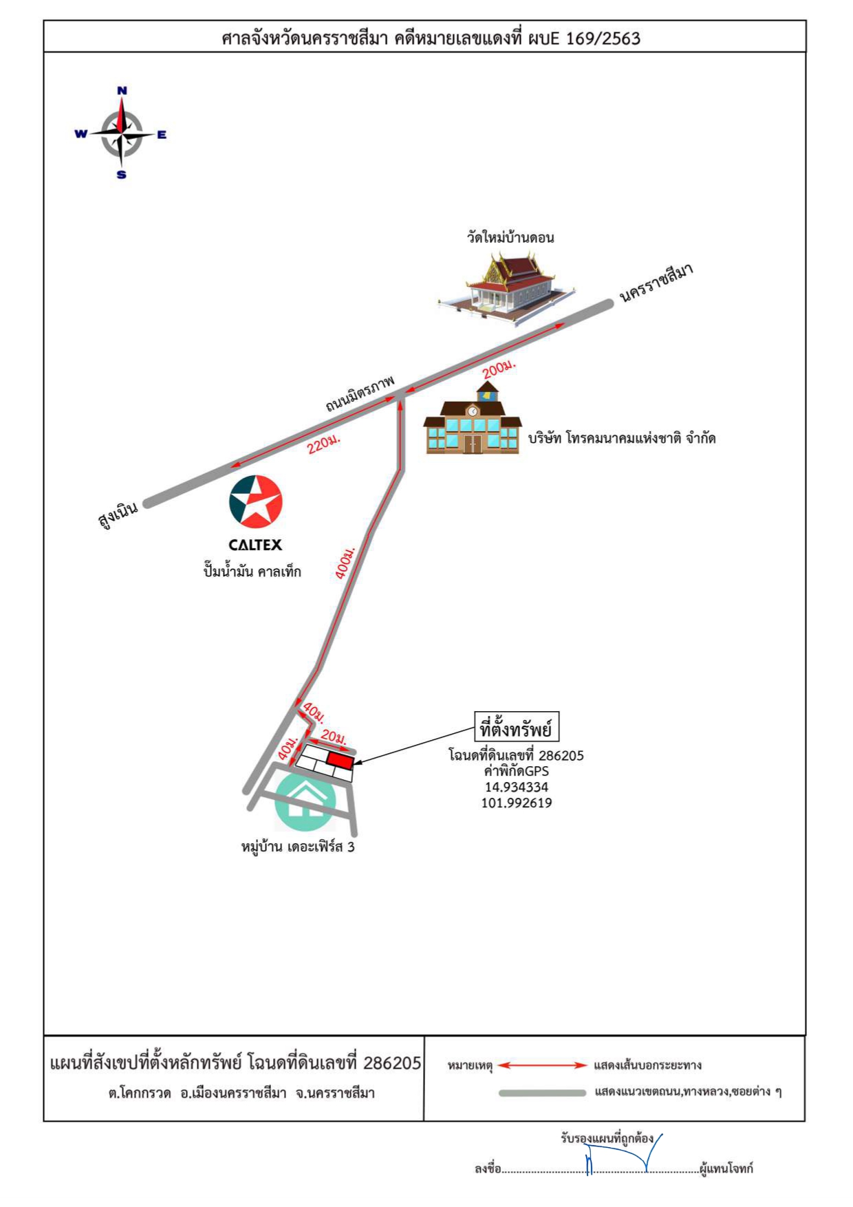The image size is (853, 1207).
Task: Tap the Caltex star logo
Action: (x=256, y=501)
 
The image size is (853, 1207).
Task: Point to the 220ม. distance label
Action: (x=324, y=444)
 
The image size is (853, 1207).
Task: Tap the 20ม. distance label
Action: (x=334, y=737)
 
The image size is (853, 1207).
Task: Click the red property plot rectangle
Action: (x=340, y=760)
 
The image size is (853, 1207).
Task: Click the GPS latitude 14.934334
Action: (x=517, y=787)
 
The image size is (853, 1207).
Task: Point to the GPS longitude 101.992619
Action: (x=517, y=803)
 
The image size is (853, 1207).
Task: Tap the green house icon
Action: (x=305, y=801)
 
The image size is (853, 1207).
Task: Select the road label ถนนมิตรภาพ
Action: (x=360, y=393)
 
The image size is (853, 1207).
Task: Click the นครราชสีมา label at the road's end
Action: (x=656, y=283)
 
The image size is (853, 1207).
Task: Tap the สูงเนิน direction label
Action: (x=118, y=514)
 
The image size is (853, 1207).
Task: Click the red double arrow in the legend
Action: (x=543, y=1065)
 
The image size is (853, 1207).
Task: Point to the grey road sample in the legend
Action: (x=543, y=1093)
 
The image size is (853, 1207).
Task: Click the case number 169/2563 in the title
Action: (x=603, y=39)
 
